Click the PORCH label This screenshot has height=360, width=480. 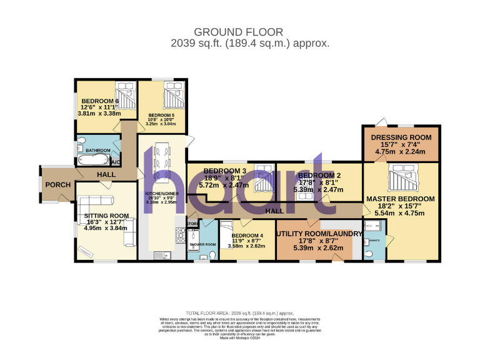pyautogui.click(x=57, y=185)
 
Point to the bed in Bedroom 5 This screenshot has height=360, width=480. pyautogui.click(x=170, y=96)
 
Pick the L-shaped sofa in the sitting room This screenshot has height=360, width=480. pyautogui.click(x=94, y=203)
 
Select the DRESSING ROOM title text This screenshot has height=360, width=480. pyautogui.click(x=401, y=137)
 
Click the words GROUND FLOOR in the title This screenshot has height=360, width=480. pyautogui.click(x=238, y=32)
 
